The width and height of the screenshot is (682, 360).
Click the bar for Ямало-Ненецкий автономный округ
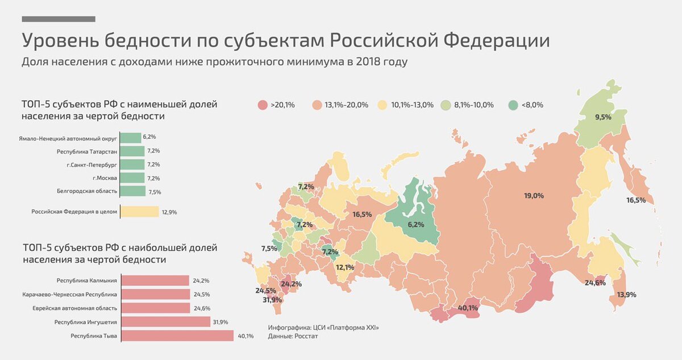point(131,138)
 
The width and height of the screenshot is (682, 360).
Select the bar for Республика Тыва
point(177,336)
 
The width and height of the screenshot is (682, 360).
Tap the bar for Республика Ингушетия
point(166,322)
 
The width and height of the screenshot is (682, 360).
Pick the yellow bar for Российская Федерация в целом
point(140,212)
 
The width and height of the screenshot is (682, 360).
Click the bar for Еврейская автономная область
point(156,308)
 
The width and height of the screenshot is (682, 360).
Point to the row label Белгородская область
point(87,191)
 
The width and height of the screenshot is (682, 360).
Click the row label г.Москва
point(102,178)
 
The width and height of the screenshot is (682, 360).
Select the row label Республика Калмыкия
point(86,280)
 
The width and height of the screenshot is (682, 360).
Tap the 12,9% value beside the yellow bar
point(169,212)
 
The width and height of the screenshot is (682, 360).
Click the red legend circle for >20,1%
point(262,105)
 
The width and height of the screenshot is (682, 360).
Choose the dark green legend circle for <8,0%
point(513,105)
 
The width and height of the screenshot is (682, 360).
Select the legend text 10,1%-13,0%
point(412,105)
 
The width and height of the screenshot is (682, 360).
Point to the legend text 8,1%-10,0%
point(473,105)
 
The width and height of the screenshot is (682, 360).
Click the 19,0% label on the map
point(534,196)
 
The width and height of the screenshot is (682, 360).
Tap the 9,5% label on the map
point(603,117)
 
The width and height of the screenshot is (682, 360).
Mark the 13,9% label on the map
point(626,295)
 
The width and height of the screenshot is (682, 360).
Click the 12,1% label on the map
point(345,267)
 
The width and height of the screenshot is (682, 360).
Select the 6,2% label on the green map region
point(415,225)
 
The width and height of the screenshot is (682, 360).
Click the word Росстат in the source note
point(306,337)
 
